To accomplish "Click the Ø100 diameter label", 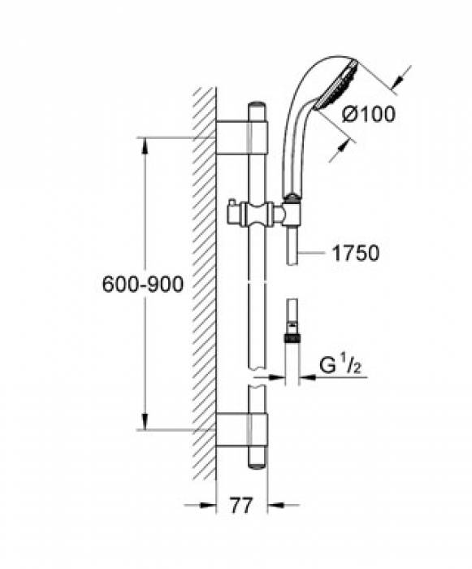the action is click(368, 115).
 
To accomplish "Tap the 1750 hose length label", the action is click(356, 253).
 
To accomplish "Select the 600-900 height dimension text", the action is click(143, 284).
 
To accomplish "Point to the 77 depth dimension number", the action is click(241, 505).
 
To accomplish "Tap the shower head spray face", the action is click(337, 85).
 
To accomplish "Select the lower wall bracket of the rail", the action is click(241, 430).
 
